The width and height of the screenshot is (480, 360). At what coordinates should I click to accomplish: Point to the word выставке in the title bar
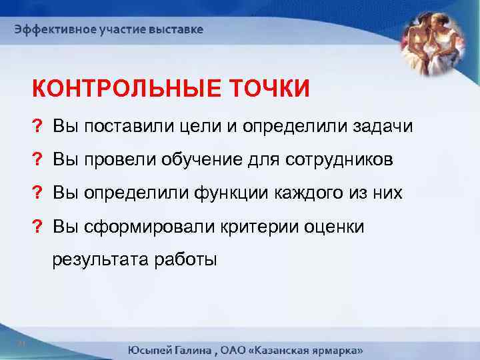pyautogui.click(x=177, y=30)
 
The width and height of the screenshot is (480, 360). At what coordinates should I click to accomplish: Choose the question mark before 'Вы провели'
pyautogui.click(x=36, y=160)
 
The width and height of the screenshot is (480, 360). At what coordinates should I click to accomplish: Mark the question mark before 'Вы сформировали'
pyautogui.click(x=36, y=227)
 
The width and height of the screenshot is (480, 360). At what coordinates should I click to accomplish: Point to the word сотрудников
pyautogui.click(x=350, y=160)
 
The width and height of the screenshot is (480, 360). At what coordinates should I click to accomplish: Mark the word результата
pyautogui.click(x=101, y=261)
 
